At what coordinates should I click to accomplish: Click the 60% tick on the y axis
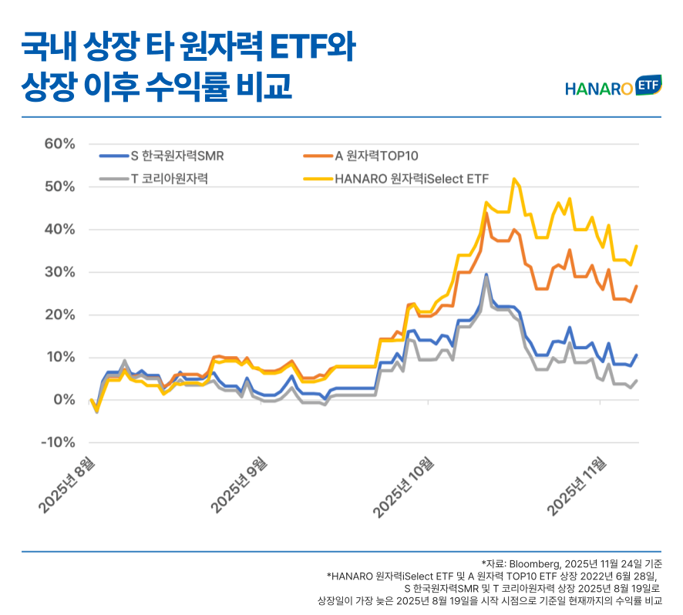click(59, 144)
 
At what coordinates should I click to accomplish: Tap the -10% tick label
click(57, 442)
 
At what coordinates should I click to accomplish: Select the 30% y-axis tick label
click(59, 272)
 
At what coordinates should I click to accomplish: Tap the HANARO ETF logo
click(614, 87)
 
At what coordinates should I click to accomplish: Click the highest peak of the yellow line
click(514, 179)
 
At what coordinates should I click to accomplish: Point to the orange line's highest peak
click(486, 213)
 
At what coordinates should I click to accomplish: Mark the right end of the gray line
click(636, 381)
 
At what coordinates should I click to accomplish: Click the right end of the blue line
click(636, 355)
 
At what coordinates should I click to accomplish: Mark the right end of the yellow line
click(636, 246)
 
